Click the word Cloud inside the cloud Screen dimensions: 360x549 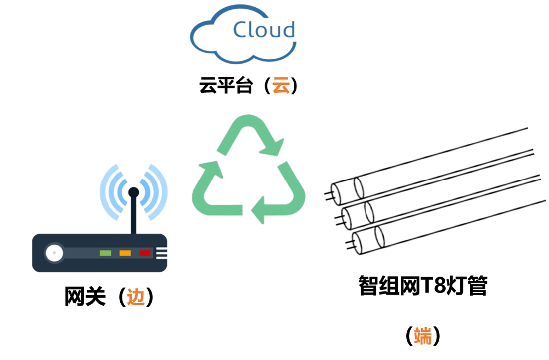click(264, 30)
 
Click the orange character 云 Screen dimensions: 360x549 click(281, 86)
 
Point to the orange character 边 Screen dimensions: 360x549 click(136, 297)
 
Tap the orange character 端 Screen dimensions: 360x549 click(423, 336)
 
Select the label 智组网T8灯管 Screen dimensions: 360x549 click(423, 286)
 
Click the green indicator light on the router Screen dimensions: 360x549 click(105, 253)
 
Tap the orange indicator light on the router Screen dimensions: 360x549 click(125, 253)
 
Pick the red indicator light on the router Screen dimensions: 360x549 click(145, 253)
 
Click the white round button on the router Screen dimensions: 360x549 click(54, 254)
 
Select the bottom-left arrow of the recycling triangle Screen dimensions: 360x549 click(211, 189)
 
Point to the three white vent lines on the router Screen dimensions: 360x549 click(161, 253)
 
